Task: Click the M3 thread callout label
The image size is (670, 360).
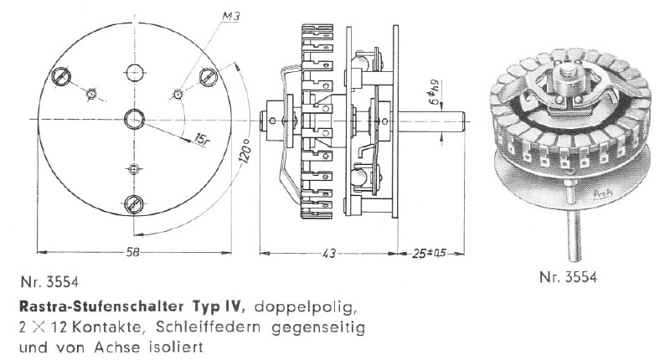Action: pyautogui.click(x=231, y=17)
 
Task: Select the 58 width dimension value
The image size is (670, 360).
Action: pyautogui.click(x=133, y=252)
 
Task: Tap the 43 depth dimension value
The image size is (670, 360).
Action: pyautogui.click(x=328, y=254)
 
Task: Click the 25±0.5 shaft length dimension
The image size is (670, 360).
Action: pyautogui.click(x=429, y=254)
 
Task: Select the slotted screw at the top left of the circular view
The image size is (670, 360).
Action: pyautogui.click(x=61, y=77)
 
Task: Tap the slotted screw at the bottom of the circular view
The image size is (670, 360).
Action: pyautogui.click(x=134, y=204)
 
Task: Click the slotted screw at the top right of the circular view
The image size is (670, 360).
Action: pyautogui.click(x=209, y=77)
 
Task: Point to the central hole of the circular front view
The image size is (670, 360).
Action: pyautogui.click(x=134, y=119)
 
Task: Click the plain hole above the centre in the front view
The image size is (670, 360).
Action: pyautogui.click(x=134, y=73)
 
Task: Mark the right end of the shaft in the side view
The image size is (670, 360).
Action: pyautogui.click(x=464, y=121)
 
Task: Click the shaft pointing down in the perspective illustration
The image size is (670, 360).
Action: pyautogui.click(x=574, y=235)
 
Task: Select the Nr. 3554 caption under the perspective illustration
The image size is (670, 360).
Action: pyautogui.click(x=568, y=277)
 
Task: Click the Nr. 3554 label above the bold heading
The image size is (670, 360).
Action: pyautogui.click(x=49, y=282)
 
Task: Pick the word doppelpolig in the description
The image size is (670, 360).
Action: pyautogui.click(x=305, y=308)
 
